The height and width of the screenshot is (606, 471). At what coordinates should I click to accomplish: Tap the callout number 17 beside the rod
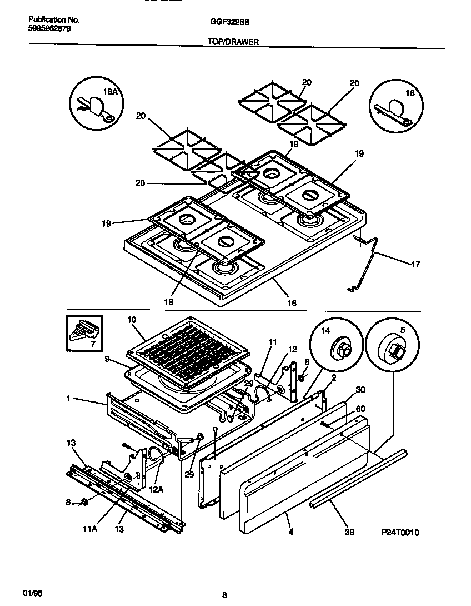[x=415, y=264]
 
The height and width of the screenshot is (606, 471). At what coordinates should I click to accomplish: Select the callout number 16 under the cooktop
[x=291, y=303]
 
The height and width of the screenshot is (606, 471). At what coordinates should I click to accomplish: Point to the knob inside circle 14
[x=339, y=350]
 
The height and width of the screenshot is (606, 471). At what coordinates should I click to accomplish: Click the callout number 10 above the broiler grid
[x=132, y=320]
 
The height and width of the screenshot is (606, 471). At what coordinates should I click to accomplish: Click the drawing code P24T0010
[x=400, y=532]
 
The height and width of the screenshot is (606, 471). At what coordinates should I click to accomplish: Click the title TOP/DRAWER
[x=233, y=42]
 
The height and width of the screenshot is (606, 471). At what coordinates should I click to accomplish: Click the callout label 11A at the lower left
[x=90, y=530]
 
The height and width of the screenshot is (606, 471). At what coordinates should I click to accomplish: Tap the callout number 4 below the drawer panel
[x=291, y=532]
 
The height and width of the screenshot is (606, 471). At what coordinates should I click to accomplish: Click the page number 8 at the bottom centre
[x=224, y=595]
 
